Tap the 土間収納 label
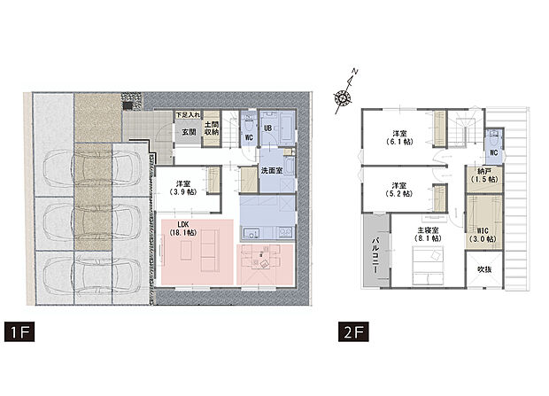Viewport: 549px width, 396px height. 212,129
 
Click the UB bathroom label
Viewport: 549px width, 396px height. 267,126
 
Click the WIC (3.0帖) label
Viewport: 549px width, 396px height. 484,234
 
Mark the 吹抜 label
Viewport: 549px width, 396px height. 484,268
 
